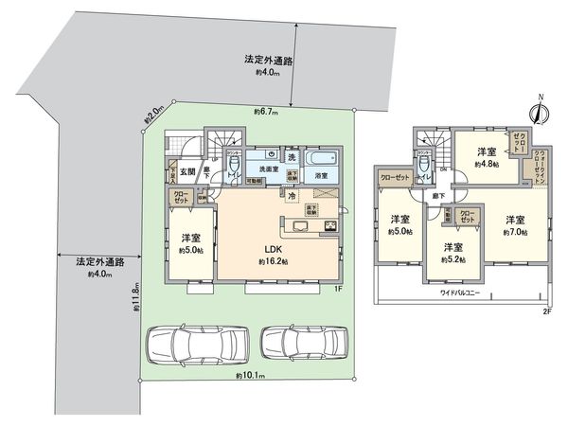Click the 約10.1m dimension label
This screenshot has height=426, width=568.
point(250,376)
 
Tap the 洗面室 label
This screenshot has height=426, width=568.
point(261,169)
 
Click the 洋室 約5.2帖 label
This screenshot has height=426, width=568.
point(453,253)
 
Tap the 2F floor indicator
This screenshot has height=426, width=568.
point(547,311)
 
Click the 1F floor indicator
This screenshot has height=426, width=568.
point(338,288)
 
